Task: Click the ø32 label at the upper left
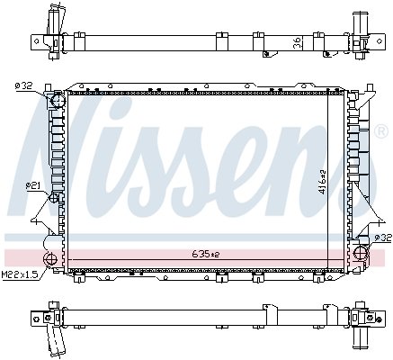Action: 22,85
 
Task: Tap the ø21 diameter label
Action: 33,185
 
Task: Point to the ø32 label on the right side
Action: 382,238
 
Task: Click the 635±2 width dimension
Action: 204,255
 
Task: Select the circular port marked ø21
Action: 56,197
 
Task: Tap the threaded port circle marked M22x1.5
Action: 50,261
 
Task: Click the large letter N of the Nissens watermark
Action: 67,144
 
